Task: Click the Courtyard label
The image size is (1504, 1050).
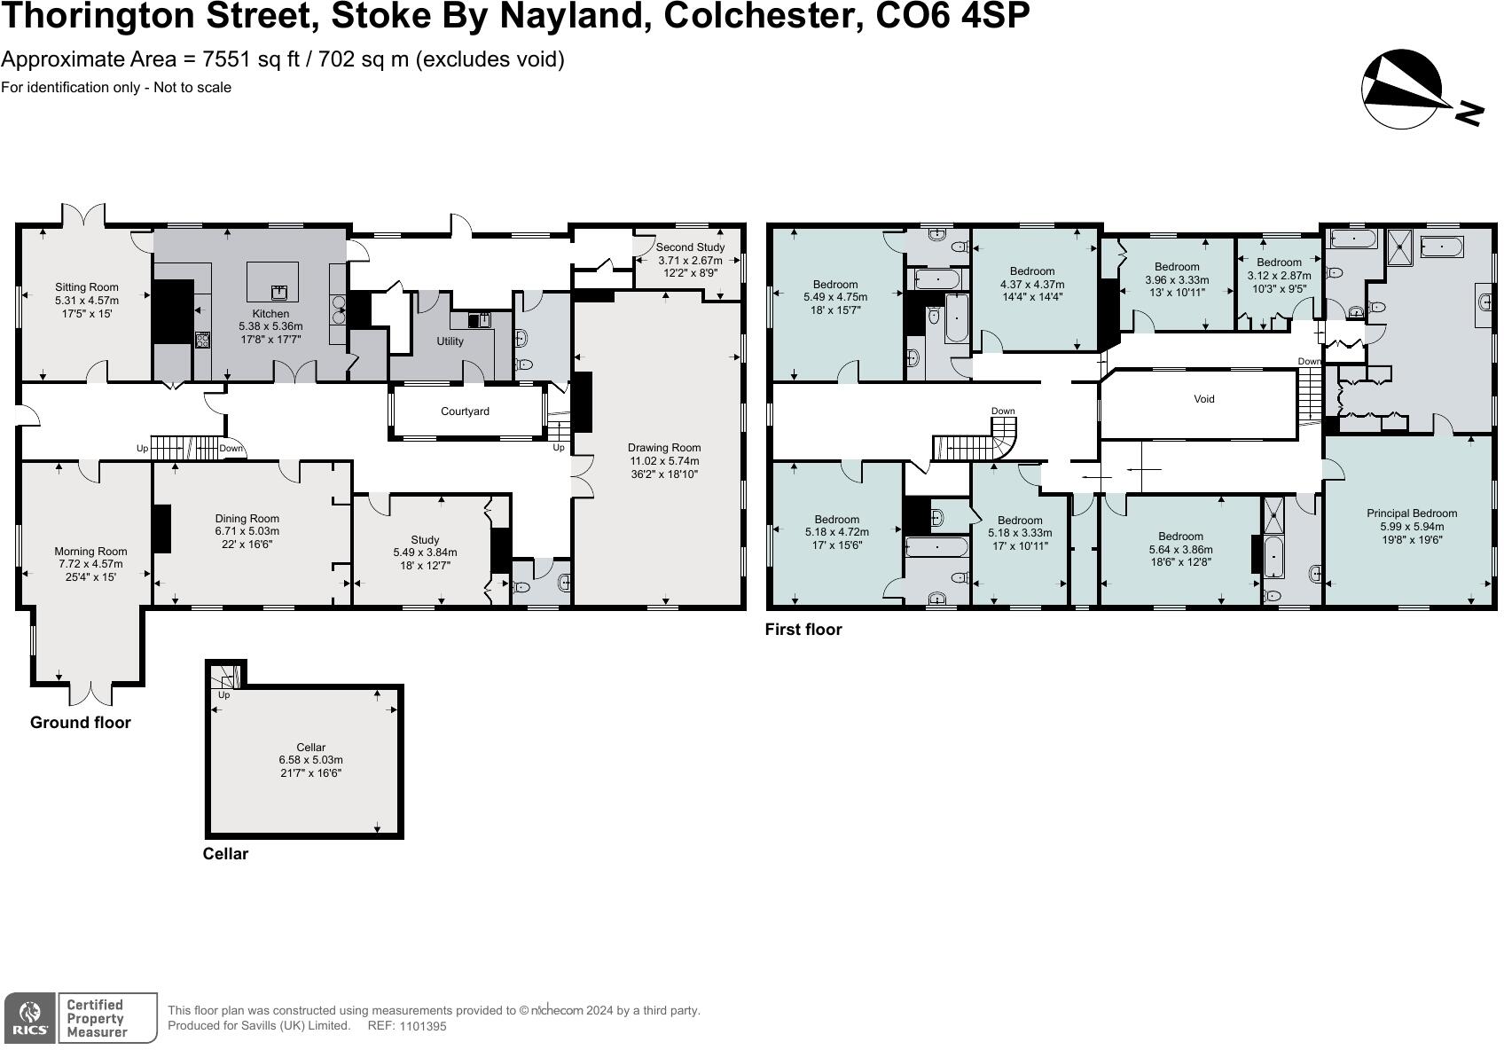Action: pyautogui.click(x=465, y=411)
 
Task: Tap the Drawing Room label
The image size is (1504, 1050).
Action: pyautogui.click(x=664, y=448)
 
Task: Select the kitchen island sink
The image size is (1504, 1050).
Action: pyautogui.click(x=278, y=290)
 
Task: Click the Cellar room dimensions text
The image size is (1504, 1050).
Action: pyautogui.click(x=310, y=766)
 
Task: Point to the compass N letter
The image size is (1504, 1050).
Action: pyautogui.click(x=1468, y=114)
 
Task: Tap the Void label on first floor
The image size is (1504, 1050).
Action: pyautogui.click(x=1203, y=399)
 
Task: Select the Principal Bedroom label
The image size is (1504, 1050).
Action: pyautogui.click(x=1411, y=513)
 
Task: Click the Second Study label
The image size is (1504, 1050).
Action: pyautogui.click(x=690, y=247)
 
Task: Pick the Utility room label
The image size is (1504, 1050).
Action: pyautogui.click(x=450, y=341)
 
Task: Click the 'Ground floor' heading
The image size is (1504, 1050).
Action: pyautogui.click(x=80, y=723)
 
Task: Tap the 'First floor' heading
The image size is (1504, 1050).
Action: pyautogui.click(x=803, y=630)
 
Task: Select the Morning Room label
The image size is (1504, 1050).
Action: pyautogui.click(x=90, y=552)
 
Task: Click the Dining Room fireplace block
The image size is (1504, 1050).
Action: pyautogui.click(x=161, y=529)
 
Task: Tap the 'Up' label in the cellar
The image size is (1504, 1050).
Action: pyautogui.click(x=223, y=695)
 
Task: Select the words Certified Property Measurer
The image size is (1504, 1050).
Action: pyautogui.click(x=97, y=1018)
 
